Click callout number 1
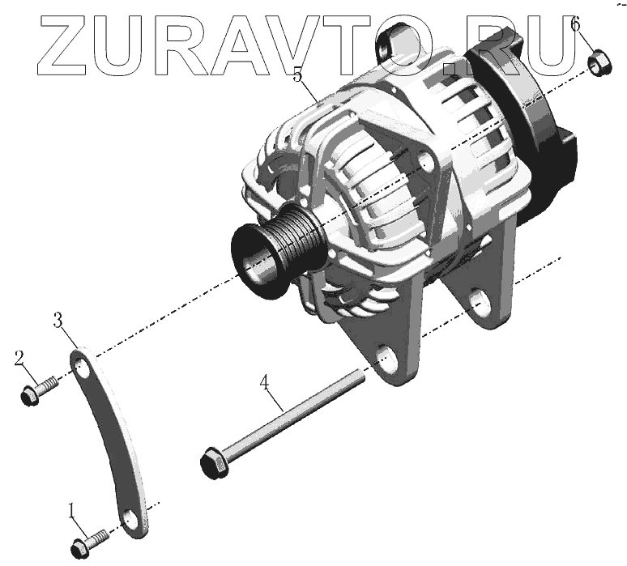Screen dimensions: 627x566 click(71, 512)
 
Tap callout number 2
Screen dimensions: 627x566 click(19, 359)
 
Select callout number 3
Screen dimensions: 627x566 click(58, 320)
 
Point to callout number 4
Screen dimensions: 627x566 click(264, 384)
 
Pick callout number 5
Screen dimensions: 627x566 click(297, 74)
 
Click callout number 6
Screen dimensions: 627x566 click(575, 25)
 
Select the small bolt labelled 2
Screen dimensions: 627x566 click(39, 391)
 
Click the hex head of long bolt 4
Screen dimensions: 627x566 click(214, 463)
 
